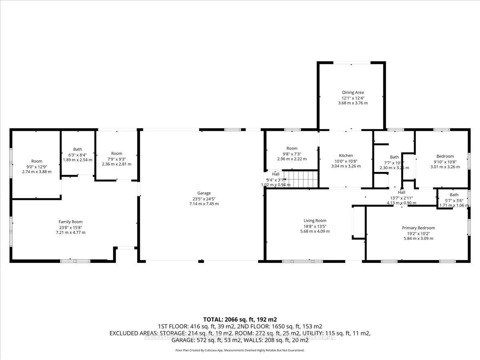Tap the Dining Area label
(x=352, y=92)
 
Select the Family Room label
(x=70, y=222)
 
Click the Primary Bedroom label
(x=418, y=228)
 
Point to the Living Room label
(x=315, y=220)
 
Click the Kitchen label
(x=346, y=156)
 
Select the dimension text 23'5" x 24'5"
(x=204, y=198)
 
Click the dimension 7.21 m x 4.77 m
(x=70, y=232)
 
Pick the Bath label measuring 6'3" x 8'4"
(x=77, y=149)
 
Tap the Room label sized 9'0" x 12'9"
(x=37, y=161)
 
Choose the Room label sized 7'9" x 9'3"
(x=116, y=153)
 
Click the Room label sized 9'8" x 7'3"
(x=292, y=148)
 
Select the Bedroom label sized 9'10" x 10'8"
(x=445, y=156)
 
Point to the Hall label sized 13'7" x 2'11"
(x=402, y=193)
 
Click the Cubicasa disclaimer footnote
(x=240, y=350)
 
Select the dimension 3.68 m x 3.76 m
(x=352, y=103)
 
